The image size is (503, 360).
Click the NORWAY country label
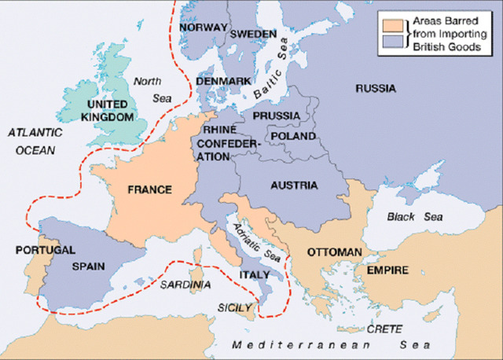click(203, 28)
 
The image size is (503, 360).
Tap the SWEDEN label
click(253, 35)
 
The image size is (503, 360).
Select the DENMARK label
click(224, 81)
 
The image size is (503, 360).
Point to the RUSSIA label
click(375, 89)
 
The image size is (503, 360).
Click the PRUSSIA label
click(276, 116)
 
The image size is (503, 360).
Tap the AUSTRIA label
click(292, 186)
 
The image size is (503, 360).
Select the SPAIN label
click(88, 266)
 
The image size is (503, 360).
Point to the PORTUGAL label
click(46, 250)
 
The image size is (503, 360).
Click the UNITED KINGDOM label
click(109, 110)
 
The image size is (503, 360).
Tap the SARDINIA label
click(186, 284)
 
